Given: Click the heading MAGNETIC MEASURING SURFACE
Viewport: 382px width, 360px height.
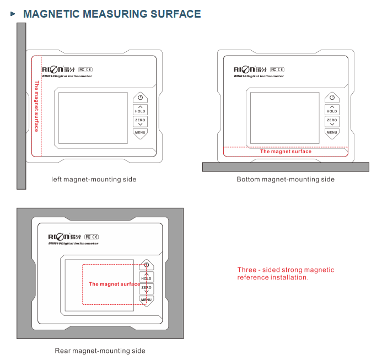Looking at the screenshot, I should click(x=112, y=14).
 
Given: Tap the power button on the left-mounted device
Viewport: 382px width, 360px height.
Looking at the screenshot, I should click(x=140, y=98).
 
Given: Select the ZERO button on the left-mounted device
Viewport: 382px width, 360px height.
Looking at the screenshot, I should click(x=140, y=121).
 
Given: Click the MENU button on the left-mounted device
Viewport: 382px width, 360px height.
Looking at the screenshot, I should click(x=140, y=132).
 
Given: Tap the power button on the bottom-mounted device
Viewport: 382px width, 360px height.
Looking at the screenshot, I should click(x=332, y=98).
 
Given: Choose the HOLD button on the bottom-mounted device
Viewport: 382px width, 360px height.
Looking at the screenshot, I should click(x=332, y=109).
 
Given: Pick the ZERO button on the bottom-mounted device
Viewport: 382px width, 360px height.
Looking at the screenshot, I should click(x=332, y=121).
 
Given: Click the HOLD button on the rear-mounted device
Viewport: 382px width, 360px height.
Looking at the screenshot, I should click(x=146, y=277).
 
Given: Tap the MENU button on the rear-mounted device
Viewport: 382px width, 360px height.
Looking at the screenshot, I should click(x=146, y=300).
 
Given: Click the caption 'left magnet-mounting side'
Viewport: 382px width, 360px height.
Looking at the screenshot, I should click(x=94, y=179).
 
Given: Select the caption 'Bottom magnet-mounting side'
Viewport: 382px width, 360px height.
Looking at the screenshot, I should click(x=286, y=179).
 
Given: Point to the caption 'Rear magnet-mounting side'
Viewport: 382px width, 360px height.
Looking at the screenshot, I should click(x=100, y=351).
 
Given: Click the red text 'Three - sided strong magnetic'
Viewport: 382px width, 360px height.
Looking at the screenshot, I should click(x=286, y=270).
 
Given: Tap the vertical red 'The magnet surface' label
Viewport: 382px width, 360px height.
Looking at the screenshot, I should click(x=37, y=106).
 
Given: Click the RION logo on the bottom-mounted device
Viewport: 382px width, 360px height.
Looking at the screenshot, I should click(x=245, y=69).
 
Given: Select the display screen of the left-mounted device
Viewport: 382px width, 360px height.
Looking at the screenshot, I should click(x=93, y=118).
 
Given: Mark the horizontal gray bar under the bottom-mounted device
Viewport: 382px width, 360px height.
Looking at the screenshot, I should click(x=286, y=166).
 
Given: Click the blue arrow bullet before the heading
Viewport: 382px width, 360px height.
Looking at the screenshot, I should click(x=13, y=14).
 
